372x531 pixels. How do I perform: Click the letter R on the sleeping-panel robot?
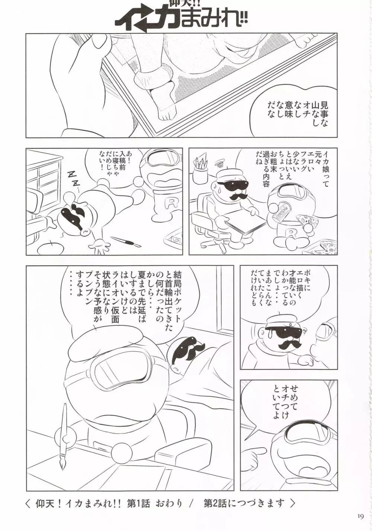point(169,201)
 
